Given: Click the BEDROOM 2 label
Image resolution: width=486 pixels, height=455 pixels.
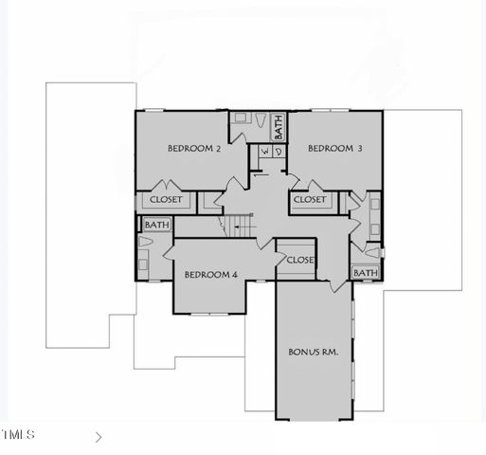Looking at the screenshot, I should click(x=194, y=149).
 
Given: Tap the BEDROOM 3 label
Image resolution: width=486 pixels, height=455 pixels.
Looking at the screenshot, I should click(x=335, y=149).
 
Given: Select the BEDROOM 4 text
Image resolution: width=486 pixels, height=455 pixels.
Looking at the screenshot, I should click(x=210, y=275).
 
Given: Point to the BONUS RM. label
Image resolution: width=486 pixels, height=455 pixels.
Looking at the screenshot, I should click(x=314, y=352).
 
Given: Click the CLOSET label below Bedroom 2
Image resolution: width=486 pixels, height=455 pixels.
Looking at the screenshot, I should click(x=167, y=200).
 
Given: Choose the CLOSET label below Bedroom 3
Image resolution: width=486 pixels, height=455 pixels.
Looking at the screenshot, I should click(x=310, y=200).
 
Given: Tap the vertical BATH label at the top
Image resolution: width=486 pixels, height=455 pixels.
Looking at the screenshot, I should click(x=279, y=125).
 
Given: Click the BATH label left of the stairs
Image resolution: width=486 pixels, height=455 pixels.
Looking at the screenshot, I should click(x=156, y=225).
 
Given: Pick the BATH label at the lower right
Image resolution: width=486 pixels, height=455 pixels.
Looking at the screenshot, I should click(x=365, y=273).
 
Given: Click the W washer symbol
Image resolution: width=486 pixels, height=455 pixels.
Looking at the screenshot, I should click(x=264, y=152).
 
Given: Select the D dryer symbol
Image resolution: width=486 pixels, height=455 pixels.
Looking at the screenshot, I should click(x=278, y=152).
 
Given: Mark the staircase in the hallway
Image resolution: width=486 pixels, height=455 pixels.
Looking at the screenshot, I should click(x=241, y=225).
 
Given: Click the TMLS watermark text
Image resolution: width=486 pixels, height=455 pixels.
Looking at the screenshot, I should click(x=18, y=435).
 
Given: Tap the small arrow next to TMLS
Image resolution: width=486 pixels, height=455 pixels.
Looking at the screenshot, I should click(x=99, y=437).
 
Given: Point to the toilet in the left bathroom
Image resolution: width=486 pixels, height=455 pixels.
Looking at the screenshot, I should click(x=144, y=244).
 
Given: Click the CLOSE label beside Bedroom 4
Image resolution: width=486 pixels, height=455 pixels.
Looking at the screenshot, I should click(x=299, y=260).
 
